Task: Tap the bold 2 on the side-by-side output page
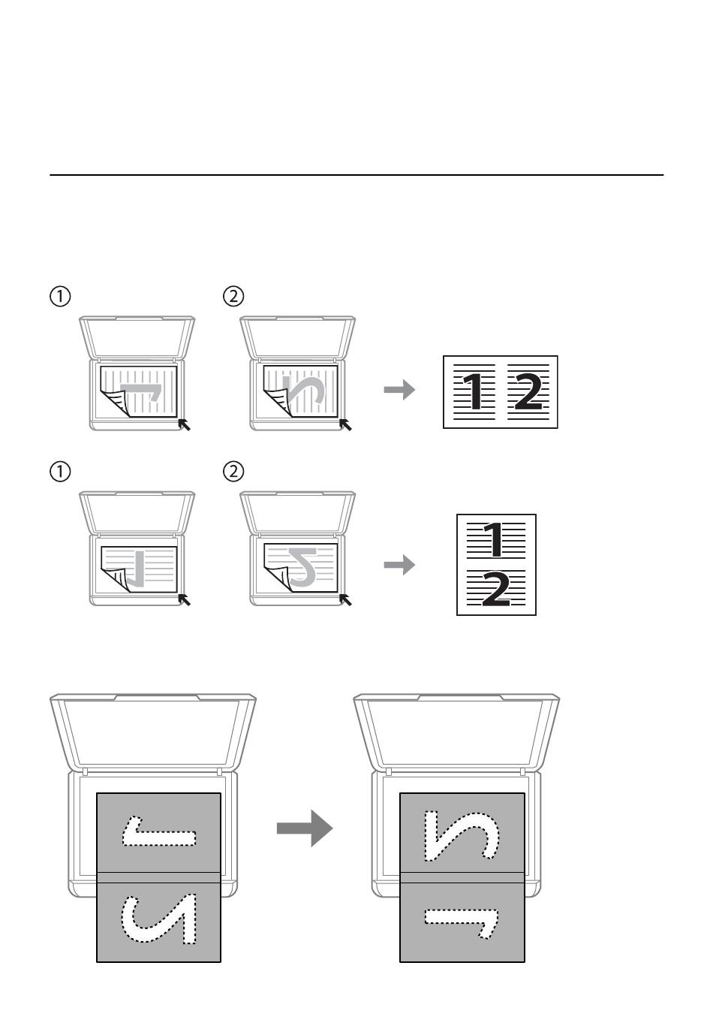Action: (527, 391)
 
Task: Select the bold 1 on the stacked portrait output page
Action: (493, 540)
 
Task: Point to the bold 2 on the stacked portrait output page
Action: (496, 588)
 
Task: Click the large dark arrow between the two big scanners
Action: (305, 828)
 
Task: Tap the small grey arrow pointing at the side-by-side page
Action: (399, 390)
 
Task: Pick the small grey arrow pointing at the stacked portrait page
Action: (399, 565)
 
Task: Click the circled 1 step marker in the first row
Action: (60, 296)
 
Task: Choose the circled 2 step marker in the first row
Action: (233, 296)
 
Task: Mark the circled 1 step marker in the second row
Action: (60, 472)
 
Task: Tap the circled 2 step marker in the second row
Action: (233, 472)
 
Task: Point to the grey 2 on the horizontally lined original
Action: (302, 567)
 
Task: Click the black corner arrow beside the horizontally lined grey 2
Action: (345, 599)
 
